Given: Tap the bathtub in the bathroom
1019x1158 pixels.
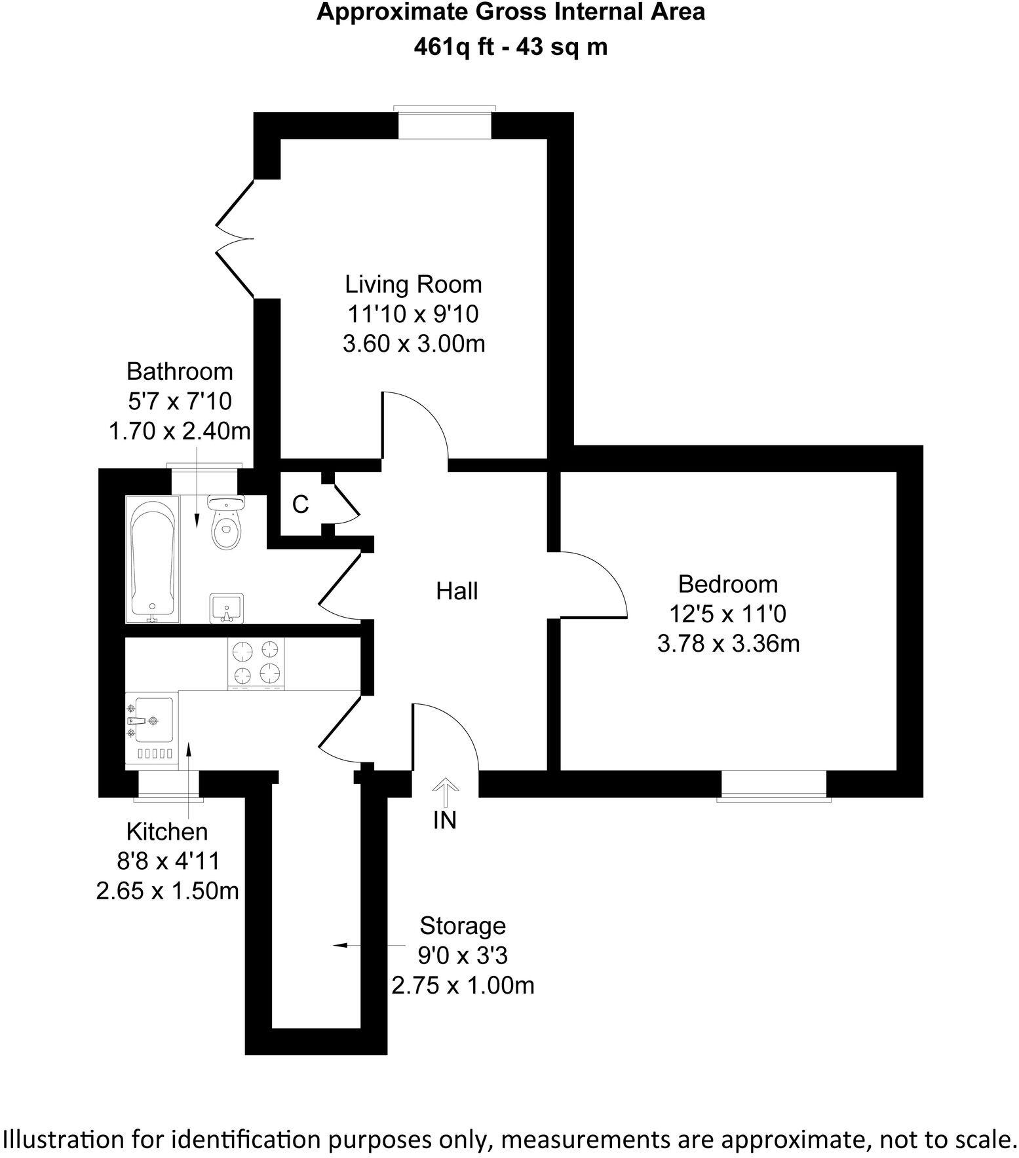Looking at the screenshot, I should tap(153, 559).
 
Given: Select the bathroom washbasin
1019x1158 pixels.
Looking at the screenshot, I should tap(227, 608).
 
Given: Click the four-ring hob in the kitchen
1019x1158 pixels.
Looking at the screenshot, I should tap(256, 663).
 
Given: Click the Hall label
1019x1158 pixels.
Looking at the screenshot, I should tap(457, 591).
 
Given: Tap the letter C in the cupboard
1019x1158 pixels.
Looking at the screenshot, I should tap(300, 504).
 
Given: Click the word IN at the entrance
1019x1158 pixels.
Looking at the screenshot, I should tap(445, 819).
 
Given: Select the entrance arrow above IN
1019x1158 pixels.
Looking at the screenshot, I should tap(445, 792).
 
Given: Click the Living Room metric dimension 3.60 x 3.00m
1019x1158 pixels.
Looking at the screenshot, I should tap(413, 343).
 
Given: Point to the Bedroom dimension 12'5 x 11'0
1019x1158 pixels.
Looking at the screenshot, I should tap(727, 614).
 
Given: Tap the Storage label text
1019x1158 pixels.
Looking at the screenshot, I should tap(463, 926).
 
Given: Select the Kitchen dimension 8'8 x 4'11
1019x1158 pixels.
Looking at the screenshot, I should tap(167, 861).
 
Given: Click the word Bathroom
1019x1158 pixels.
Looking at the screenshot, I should tap(180, 371).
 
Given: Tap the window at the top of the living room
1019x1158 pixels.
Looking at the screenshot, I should tap(444, 124).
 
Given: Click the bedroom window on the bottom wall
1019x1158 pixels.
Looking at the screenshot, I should tap(774, 785).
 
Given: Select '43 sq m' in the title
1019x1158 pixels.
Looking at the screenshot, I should tap(562, 47).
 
